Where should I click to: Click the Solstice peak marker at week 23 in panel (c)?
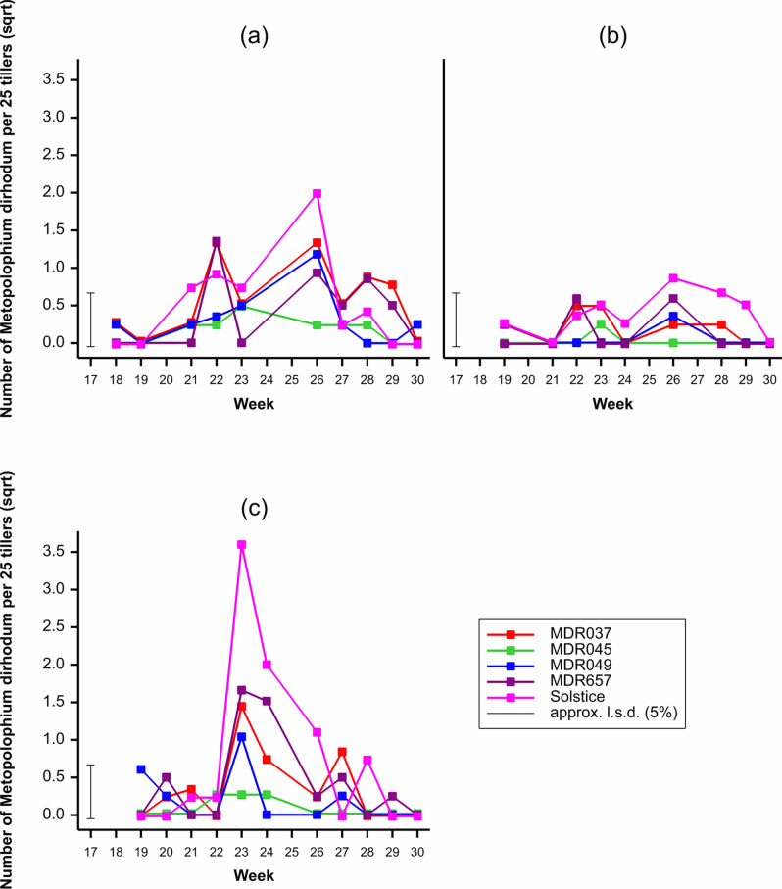coord(241,545)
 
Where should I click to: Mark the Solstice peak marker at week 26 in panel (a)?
coord(318,194)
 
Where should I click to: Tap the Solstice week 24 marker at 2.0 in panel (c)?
coord(267,665)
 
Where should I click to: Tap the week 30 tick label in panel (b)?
coord(770,376)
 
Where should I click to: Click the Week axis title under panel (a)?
coord(255,403)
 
